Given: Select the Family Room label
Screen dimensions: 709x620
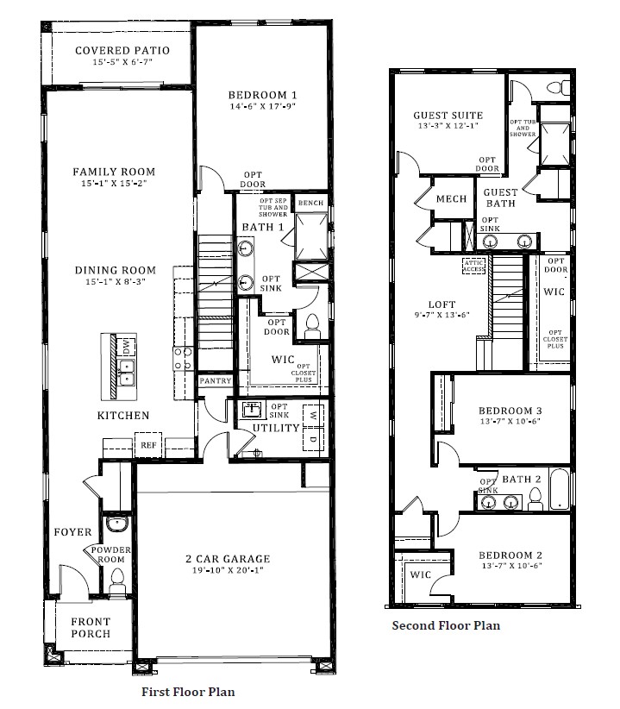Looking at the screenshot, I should [x=113, y=172].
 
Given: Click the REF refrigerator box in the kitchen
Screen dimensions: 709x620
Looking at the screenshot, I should [x=147, y=446].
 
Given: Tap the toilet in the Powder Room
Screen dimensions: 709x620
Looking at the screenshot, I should [x=117, y=579].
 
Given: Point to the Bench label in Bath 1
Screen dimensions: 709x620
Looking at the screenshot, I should [x=310, y=204].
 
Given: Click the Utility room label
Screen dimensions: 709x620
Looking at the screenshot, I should [x=275, y=428].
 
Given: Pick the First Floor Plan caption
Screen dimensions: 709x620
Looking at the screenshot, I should [x=187, y=691].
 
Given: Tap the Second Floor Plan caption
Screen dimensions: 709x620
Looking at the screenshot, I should [x=445, y=625].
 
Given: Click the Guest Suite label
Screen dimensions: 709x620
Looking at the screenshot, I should [x=448, y=115].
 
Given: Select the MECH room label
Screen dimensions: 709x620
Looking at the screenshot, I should [x=451, y=198].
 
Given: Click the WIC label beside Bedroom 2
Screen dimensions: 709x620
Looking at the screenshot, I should [x=420, y=574].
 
